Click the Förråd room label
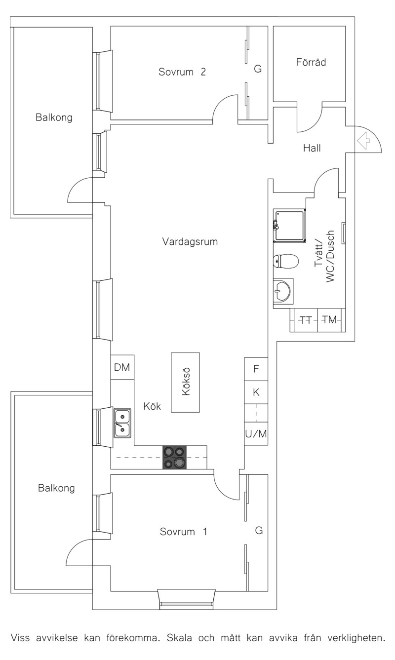pyautogui.click(x=311, y=63)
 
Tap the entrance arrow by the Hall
pyautogui.click(x=363, y=141)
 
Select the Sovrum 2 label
pyautogui.click(x=182, y=72)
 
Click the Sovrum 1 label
pyautogui.click(x=183, y=532)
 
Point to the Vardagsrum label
pyautogui.click(x=190, y=242)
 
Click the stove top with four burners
pyautogui.click(x=174, y=457)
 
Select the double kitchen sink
pyautogui.click(x=122, y=423)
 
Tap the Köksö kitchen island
pyautogui.click(x=186, y=383)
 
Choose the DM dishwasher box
pyautogui.click(x=122, y=367)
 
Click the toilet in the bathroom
pyautogui.click(x=286, y=261)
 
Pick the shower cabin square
pyautogui.click(x=289, y=226)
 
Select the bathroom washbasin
pyautogui.click(x=282, y=291)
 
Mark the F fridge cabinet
pyautogui.click(x=256, y=369)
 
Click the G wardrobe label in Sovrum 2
pyautogui.click(x=258, y=69)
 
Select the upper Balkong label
pyautogui.click(x=54, y=117)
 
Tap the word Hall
pyautogui.click(x=312, y=148)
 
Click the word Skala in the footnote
pyautogui.click(x=179, y=638)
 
